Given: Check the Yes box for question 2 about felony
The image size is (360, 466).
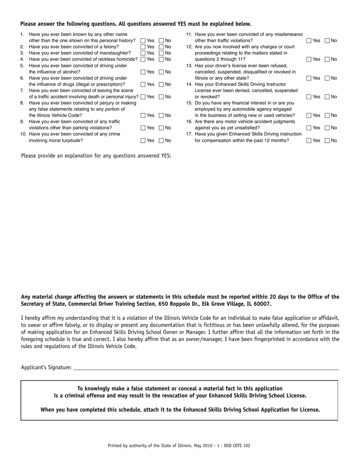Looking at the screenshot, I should click(143, 47).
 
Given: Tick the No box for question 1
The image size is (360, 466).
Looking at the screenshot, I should click(161, 41).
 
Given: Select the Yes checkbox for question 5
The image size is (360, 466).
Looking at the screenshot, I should click(143, 72).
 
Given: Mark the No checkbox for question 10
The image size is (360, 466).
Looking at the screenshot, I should click(161, 141).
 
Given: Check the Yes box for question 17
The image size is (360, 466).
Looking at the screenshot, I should click(309, 141).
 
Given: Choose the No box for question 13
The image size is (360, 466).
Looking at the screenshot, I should click(327, 78).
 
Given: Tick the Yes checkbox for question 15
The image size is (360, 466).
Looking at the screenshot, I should click(309, 116).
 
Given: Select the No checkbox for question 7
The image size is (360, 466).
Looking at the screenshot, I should click(161, 97).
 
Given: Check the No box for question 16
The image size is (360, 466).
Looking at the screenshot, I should click(327, 128).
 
